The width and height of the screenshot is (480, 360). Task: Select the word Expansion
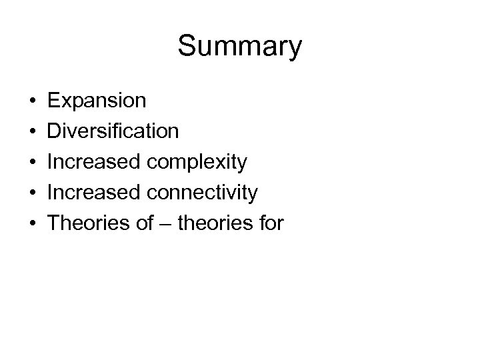[x=97, y=101]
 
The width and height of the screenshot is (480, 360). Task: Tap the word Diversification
[x=114, y=131]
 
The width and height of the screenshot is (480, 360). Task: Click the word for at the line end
[x=270, y=223]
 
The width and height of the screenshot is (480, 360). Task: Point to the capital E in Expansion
[x=55, y=101]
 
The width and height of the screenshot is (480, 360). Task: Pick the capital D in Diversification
[x=56, y=131]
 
